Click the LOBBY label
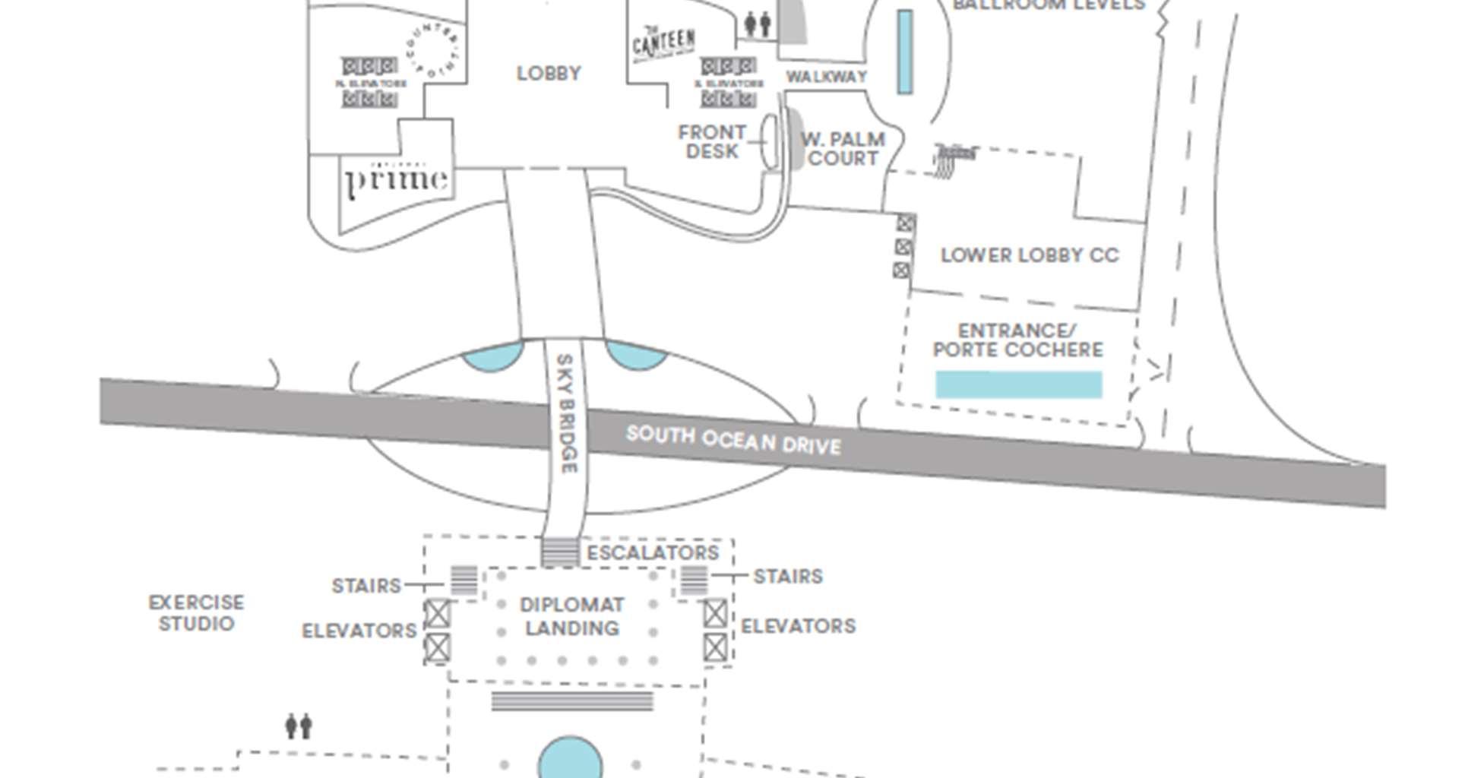[x=549, y=74]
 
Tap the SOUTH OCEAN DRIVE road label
[x=733, y=440]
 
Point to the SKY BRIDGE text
[x=566, y=413]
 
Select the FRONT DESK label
[x=712, y=142]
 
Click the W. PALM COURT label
[x=843, y=149]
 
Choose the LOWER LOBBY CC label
[x=1030, y=255]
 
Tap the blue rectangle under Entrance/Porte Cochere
[x=1018, y=384]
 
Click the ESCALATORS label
[x=653, y=552]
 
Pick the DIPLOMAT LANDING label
[x=571, y=616]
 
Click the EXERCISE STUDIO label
[x=196, y=613]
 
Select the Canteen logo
[x=663, y=43]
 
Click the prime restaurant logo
[x=397, y=179]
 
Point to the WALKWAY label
[x=826, y=77]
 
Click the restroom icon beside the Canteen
[x=758, y=24]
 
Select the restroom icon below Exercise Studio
[x=299, y=726]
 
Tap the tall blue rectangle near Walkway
[x=904, y=52]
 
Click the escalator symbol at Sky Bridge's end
[x=559, y=552]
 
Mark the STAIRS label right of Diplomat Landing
[x=787, y=577]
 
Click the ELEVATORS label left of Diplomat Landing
[x=359, y=631]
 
